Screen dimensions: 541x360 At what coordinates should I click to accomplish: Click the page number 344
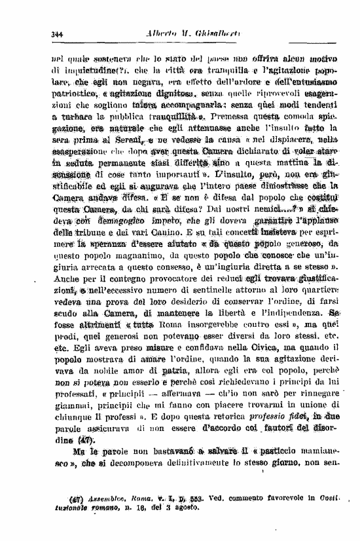(x=56, y=34)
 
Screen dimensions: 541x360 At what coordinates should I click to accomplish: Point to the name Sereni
(x=147, y=151)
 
